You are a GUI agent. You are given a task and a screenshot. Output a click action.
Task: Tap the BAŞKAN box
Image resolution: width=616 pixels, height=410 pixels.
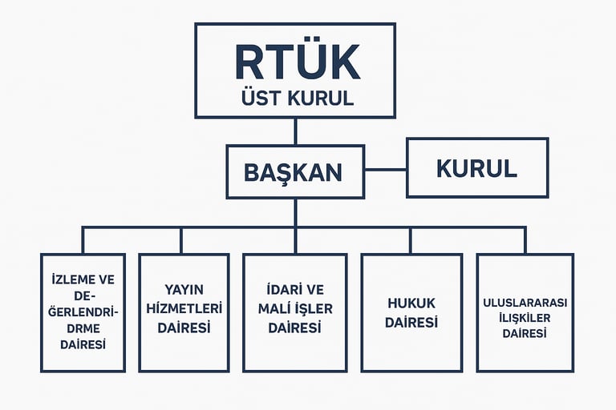tap(294, 171)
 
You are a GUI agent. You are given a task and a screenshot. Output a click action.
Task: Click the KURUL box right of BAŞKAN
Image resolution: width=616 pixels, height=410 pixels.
tap(476, 168)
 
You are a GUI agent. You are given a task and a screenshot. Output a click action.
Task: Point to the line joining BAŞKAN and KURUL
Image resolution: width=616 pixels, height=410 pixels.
tap(385, 170)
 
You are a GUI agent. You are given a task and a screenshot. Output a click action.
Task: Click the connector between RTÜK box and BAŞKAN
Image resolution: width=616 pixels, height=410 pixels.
tap(295, 131)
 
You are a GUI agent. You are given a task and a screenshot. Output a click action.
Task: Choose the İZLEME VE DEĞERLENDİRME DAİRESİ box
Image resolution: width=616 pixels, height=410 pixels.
tap(83, 312)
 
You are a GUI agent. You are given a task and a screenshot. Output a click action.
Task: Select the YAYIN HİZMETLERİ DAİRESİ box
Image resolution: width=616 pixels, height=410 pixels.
tap(180, 312)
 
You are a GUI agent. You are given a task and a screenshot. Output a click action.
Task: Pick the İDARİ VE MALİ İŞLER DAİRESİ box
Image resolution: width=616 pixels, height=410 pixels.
tap(294, 312)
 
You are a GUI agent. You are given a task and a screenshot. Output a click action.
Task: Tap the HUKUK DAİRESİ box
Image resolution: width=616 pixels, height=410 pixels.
tap(411, 312)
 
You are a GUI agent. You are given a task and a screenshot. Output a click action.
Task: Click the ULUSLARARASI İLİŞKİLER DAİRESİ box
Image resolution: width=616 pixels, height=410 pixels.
tap(525, 312)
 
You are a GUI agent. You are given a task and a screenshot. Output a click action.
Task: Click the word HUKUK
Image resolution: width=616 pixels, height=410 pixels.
tap(411, 303)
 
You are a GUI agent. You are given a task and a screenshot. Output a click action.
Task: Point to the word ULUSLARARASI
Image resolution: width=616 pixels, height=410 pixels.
tap(525, 303)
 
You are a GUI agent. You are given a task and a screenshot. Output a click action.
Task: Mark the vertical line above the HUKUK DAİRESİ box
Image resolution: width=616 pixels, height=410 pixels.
tap(411, 240)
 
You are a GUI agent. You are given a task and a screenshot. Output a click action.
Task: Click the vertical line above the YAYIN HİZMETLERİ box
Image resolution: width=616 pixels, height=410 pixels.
tap(180, 240)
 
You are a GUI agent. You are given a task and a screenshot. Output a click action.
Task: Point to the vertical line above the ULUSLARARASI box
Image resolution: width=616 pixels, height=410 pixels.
tap(525, 240)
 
